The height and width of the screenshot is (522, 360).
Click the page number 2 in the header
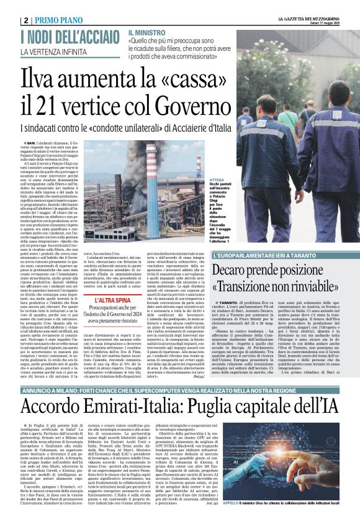pos(26,20)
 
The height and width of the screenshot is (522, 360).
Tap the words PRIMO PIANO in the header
pos(59,20)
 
